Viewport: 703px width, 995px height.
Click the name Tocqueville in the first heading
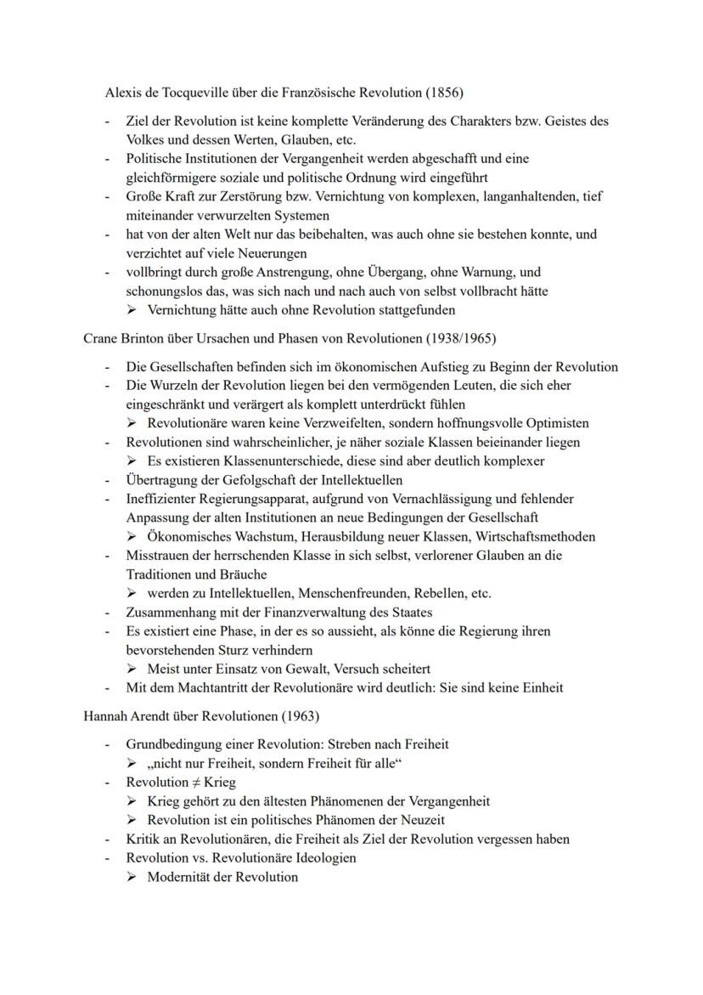click(204, 92)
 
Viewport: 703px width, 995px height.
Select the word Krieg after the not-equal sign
click(219, 782)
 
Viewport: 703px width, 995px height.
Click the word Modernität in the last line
click(180, 877)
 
